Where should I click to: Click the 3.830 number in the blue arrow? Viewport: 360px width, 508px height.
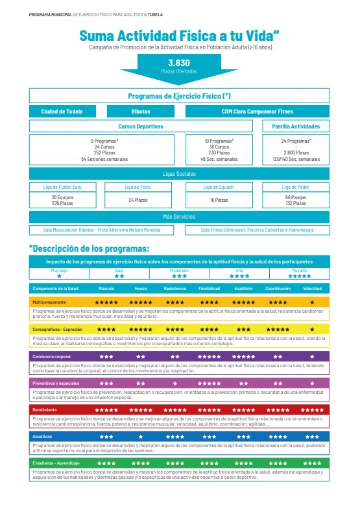tap(179, 63)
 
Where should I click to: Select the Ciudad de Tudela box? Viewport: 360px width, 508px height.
tap(62, 111)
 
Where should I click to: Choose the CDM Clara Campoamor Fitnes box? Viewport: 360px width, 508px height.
tap(258, 111)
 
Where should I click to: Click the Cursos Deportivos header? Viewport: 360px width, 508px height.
tap(141, 127)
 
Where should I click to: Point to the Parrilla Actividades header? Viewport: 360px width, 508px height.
tap(296, 127)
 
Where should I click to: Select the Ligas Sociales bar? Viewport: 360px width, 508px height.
tap(179, 174)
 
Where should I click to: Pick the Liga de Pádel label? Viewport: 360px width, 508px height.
tap(296, 187)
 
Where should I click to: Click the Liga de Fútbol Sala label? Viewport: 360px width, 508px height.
tap(62, 187)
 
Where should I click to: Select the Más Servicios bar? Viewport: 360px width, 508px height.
tap(179, 217)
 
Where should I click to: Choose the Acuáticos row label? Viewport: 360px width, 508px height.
tap(42, 437)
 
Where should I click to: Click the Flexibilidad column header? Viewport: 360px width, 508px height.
tap(209, 287)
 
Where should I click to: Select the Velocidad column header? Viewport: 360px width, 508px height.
tap(312, 287)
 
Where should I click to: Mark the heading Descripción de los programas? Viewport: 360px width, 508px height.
tap(90, 248)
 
